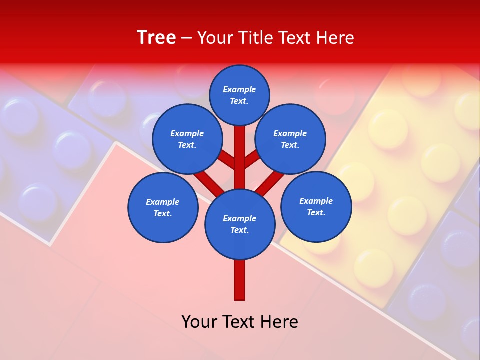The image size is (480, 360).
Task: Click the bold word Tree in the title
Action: pyautogui.click(x=156, y=38)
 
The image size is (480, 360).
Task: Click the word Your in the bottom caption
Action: pyautogui.click(x=200, y=322)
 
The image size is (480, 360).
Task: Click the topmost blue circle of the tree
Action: pyautogui.click(x=239, y=95)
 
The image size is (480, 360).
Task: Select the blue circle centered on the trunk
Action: pyautogui.click(x=240, y=224)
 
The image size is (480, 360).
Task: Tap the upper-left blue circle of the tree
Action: pyautogui.click(x=187, y=139)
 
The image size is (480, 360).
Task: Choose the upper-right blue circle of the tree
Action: pyautogui.click(x=290, y=139)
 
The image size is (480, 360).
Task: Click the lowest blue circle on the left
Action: pyautogui.click(x=163, y=208)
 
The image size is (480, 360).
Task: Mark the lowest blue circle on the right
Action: pyautogui.click(x=316, y=207)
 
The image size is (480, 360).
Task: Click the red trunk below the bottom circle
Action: pyautogui.click(x=240, y=280)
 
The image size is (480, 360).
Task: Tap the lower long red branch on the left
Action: pyautogui.click(x=209, y=182)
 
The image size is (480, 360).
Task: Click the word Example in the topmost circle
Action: pyautogui.click(x=239, y=90)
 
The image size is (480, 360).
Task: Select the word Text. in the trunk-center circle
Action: pyautogui.click(x=239, y=230)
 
